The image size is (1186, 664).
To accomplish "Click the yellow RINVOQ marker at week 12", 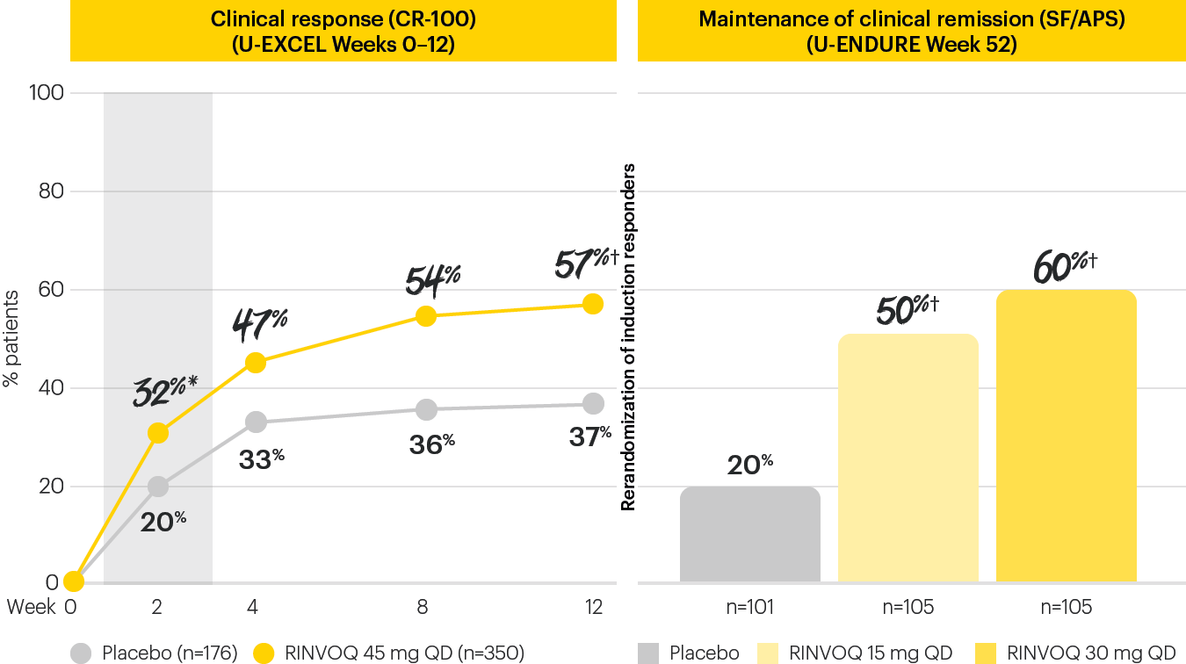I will (593, 304).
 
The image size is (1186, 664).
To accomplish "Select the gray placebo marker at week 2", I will (158, 487).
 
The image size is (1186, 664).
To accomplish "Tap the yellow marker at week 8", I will (426, 316).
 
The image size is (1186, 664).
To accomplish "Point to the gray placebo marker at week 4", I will (256, 422).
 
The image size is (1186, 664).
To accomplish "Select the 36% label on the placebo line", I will (431, 444).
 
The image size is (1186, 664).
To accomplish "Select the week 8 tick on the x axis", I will (423, 607).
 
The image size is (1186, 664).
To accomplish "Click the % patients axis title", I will (11, 339).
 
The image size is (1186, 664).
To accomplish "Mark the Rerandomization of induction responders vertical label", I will (628, 336).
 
